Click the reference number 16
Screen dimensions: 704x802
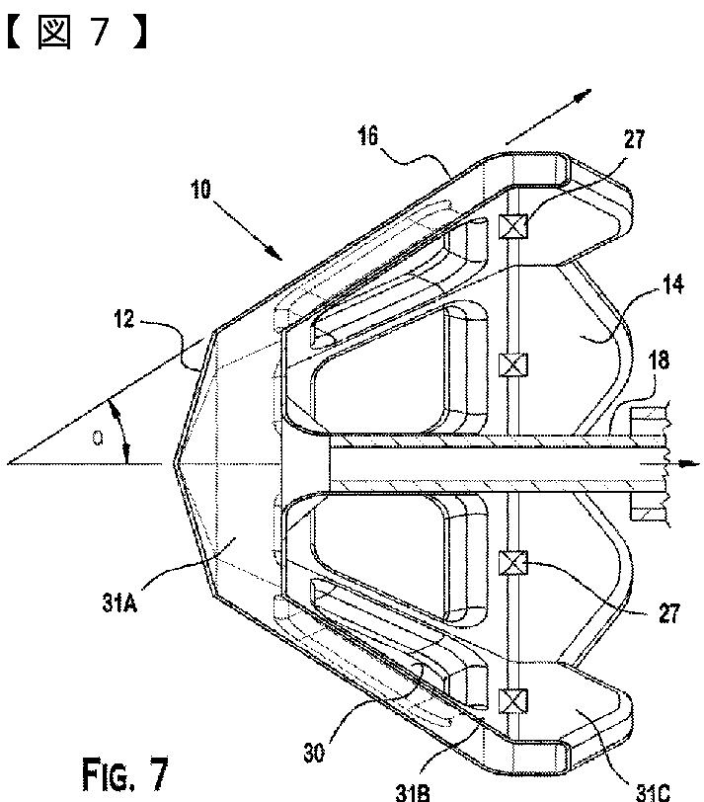pos(368,136)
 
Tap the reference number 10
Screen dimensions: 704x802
pos(200,190)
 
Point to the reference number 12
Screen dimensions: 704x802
pos(123,319)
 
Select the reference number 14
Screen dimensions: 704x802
pos(672,283)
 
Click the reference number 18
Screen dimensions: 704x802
pos(659,361)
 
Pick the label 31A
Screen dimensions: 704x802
pos(119,603)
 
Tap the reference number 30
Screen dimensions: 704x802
pos(314,753)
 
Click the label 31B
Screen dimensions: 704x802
pos(413,792)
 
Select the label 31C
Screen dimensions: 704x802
pos(653,792)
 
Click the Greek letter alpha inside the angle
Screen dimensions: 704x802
pos(97,438)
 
